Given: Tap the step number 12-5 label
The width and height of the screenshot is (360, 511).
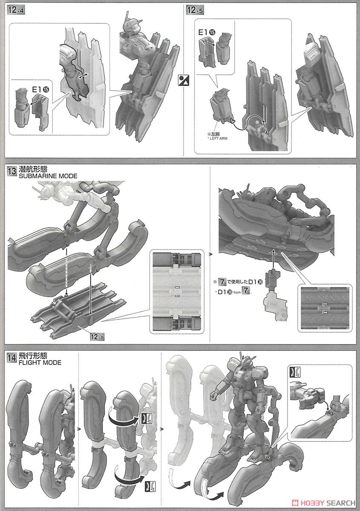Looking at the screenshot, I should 196,11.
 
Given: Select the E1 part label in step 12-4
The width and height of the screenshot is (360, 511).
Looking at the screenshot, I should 39,90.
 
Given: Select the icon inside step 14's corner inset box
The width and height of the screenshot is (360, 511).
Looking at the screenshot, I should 294,372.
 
